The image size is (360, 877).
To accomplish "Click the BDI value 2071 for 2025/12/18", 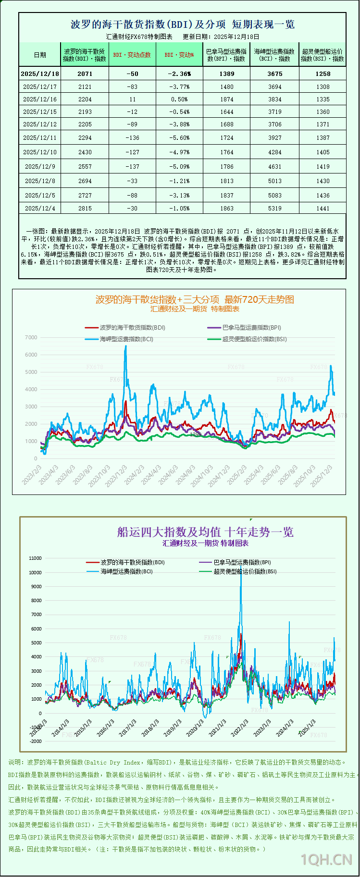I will tap(85, 74).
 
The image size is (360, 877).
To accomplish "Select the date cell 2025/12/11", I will tap(40, 137).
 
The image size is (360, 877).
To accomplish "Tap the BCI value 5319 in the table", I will tap(275, 208).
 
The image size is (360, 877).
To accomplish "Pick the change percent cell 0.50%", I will tap(180, 99).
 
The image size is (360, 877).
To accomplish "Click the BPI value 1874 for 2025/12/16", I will tap(226, 99).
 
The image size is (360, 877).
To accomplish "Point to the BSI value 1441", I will tap(323, 208).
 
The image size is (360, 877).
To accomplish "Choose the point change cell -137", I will tap(132, 166).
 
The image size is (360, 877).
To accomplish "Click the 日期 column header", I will tap(40, 55).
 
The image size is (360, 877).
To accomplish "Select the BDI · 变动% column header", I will tap(179, 55).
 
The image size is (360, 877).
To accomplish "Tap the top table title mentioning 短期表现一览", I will tap(183, 24).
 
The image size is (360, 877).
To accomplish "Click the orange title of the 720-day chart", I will tap(195, 299).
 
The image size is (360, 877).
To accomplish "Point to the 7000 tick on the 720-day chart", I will tap(31, 337).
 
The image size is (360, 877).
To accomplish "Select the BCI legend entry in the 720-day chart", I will tap(120, 339).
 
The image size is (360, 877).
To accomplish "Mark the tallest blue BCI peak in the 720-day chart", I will tap(126, 346).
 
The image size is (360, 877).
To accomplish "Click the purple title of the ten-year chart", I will tap(205, 532).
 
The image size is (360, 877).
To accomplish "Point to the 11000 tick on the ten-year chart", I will tap(35, 558).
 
